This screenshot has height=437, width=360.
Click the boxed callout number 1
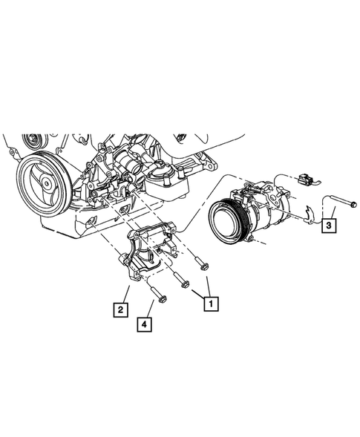pyautogui.click(x=211, y=303)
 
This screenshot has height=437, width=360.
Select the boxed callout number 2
pyautogui.click(x=119, y=306)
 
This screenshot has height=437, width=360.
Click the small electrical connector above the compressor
pyautogui.click(x=304, y=180)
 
